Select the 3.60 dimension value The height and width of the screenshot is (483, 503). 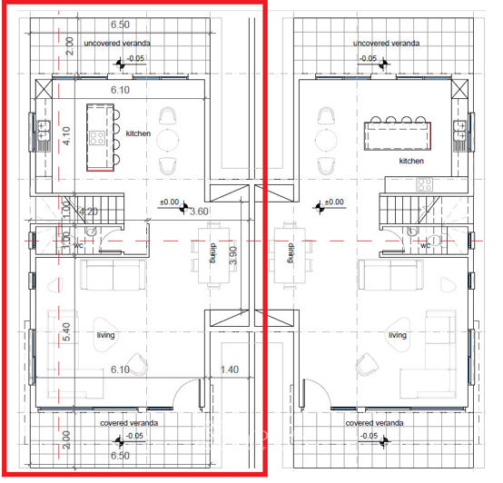(x=198, y=212)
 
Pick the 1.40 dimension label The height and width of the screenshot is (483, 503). (x=230, y=370)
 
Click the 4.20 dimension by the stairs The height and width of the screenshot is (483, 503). (x=87, y=212)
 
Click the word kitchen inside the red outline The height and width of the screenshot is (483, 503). (x=138, y=133)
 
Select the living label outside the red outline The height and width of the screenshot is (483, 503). (x=397, y=335)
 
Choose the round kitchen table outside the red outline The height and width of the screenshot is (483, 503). (x=325, y=140)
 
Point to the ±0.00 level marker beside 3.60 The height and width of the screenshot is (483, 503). (x=169, y=202)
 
